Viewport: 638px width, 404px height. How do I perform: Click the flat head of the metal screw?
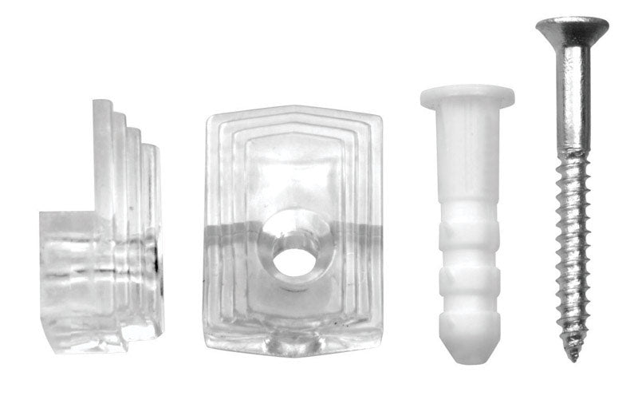tap(571, 29)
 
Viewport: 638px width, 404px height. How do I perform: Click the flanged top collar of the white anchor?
tap(467, 97)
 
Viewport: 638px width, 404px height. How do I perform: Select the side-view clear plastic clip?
tap(104, 240)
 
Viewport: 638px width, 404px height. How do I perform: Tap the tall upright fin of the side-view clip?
tap(102, 160)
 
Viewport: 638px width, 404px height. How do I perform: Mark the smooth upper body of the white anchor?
tap(467, 160)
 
